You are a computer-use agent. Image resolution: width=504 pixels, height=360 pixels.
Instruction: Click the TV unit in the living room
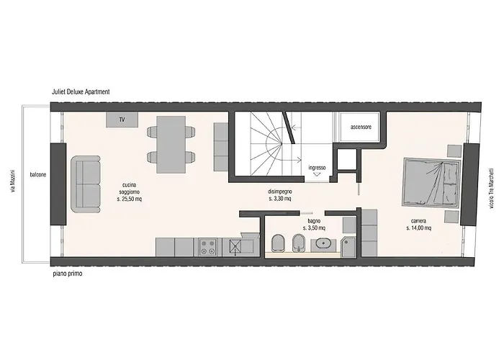[x=122, y=120]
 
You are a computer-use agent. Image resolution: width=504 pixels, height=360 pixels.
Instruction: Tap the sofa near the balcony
[x=86, y=184]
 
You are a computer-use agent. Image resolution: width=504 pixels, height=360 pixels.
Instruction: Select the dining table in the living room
[x=171, y=144]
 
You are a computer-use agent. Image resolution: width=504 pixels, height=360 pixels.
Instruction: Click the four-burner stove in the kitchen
[x=208, y=247]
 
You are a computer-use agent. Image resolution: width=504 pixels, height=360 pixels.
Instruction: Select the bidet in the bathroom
[x=298, y=243]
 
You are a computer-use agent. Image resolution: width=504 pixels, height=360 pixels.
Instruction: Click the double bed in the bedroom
[x=431, y=182]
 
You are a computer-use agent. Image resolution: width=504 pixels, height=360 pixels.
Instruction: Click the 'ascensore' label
[x=361, y=127]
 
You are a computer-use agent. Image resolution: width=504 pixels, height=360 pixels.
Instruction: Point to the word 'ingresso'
[x=317, y=168]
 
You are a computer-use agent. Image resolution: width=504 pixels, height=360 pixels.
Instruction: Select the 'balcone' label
[x=38, y=175]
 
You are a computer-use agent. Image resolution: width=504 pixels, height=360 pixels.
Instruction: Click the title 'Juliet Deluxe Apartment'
[x=81, y=91]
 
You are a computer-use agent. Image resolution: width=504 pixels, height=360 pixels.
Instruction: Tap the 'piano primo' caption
[x=68, y=274]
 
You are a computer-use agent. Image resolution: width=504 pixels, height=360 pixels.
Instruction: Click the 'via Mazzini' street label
[x=12, y=181]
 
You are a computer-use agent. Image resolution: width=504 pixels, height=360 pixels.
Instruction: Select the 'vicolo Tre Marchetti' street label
[x=492, y=189]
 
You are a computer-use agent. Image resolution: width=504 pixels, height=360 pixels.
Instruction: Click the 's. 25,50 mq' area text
[x=129, y=199]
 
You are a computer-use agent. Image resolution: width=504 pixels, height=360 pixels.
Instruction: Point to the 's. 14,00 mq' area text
[x=418, y=228]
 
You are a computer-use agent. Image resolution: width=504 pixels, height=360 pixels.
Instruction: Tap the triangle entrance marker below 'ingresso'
[x=317, y=174]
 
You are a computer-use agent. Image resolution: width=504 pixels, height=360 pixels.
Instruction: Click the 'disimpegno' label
[x=280, y=192]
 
